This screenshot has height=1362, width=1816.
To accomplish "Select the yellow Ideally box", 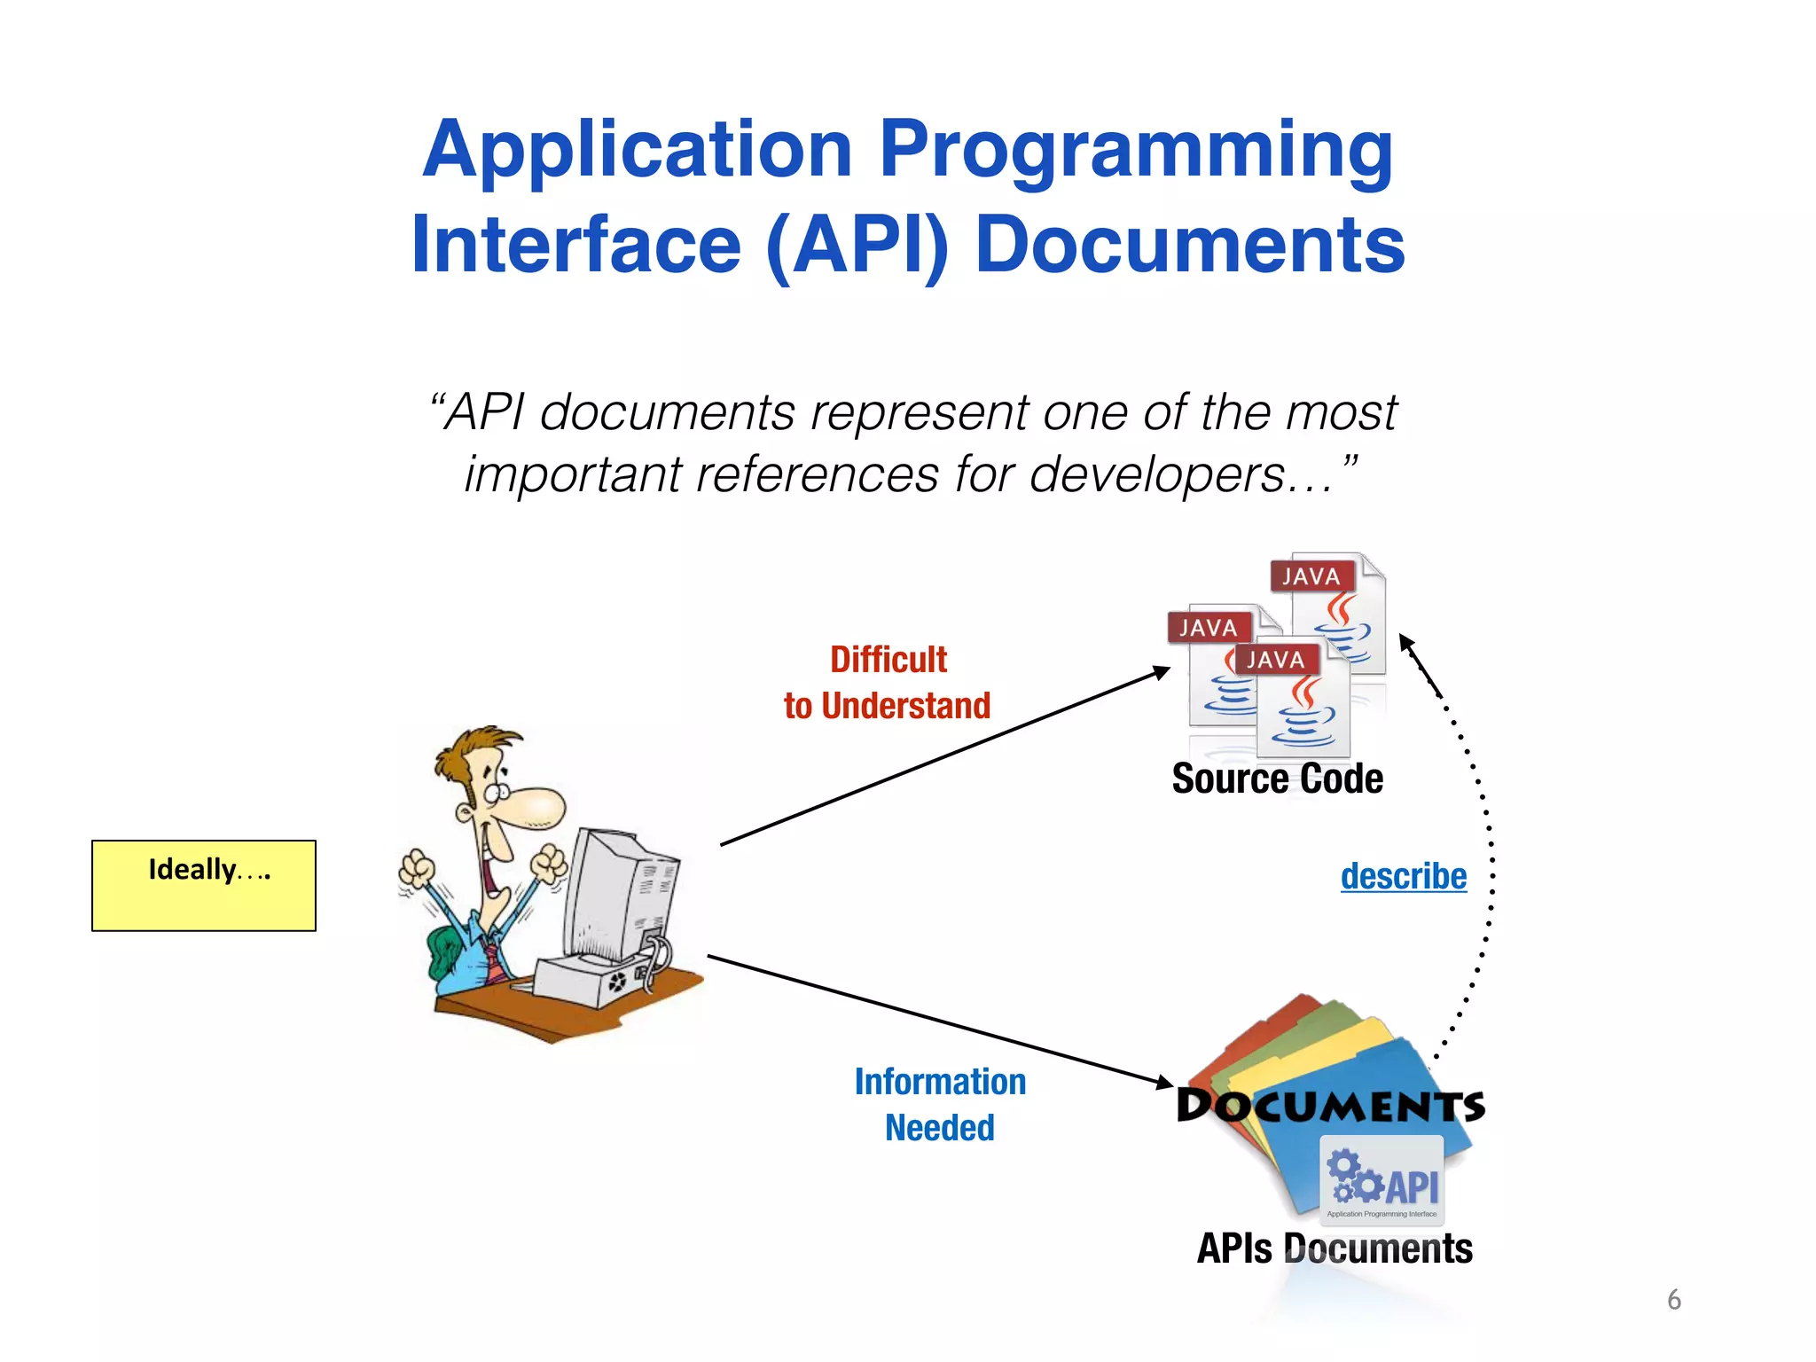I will [204, 885].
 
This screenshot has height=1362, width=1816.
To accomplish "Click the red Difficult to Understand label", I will [888, 683].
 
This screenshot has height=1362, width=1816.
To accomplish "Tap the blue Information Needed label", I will [940, 1104].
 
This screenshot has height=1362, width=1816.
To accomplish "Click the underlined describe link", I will [1403, 876].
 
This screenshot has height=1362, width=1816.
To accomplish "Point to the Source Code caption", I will [1277, 779].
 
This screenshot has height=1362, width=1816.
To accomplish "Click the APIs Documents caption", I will [1334, 1248].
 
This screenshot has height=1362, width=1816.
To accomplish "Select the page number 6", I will [1673, 1299].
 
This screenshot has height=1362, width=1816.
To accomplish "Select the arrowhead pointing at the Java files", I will [1162, 672].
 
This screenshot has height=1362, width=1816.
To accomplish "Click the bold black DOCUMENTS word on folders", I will [1330, 1106].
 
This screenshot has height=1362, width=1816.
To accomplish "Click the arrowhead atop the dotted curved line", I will [1406, 642].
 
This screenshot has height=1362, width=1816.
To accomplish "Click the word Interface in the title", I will [576, 246].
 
